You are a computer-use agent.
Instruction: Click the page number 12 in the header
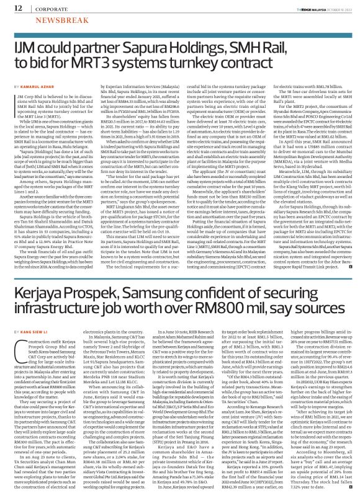12,7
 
